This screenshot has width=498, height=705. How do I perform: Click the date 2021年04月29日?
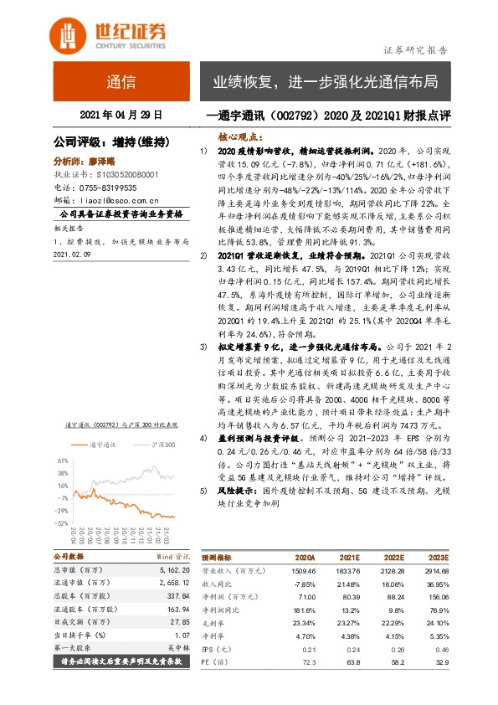tap(121, 114)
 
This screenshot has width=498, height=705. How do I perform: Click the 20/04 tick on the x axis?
tap(73, 535)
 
